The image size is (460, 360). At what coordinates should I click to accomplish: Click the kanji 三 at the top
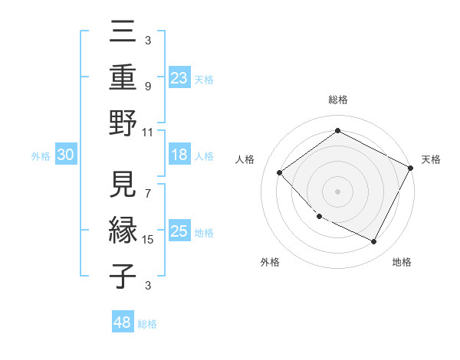123,35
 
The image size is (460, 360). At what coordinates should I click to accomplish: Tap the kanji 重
123,79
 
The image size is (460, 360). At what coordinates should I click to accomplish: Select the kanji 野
123,123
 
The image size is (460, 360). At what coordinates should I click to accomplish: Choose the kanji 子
123,276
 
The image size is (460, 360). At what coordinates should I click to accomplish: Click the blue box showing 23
179,78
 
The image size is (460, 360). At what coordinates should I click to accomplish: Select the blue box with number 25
179,231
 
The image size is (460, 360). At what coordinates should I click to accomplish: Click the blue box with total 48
123,322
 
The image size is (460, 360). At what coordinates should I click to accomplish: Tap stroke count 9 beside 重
147,87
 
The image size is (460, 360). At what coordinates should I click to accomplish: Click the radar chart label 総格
337,100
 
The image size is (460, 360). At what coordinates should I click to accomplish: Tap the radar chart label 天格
431,159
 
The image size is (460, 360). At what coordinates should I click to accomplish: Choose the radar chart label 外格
270,262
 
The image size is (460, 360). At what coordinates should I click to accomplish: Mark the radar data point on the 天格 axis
411,168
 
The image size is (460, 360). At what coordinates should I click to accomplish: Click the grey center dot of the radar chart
337,191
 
